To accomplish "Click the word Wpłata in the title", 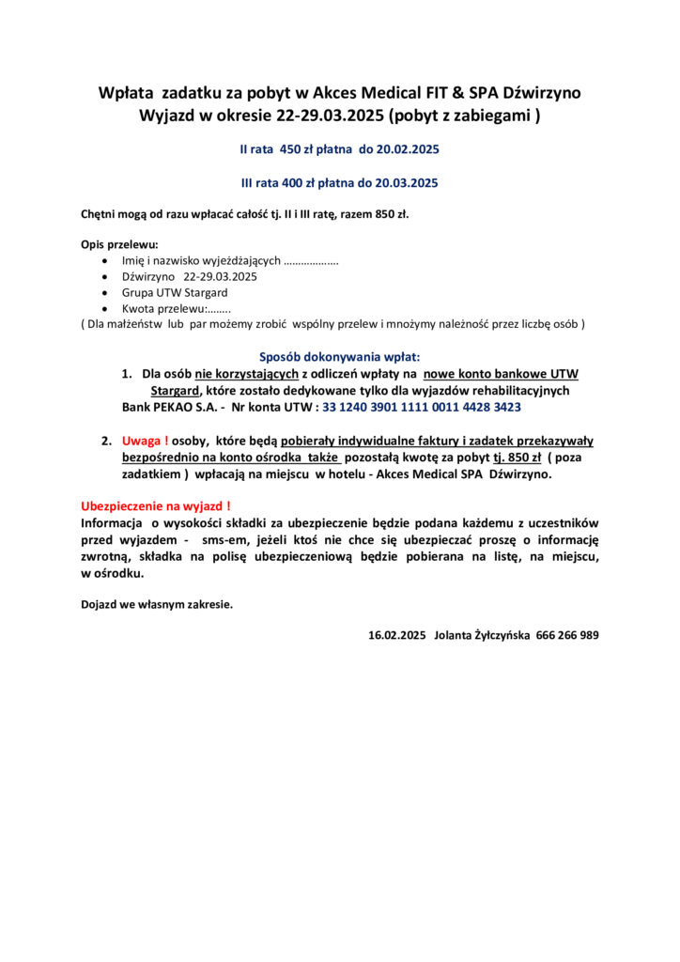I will (x=127, y=92).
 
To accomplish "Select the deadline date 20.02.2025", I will (x=407, y=149).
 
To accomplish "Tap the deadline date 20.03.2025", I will (x=405, y=182).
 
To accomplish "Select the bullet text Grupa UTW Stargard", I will (x=175, y=292).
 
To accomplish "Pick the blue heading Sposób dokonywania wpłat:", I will (x=340, y=357).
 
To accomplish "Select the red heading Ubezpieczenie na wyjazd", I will (x=156, y=506).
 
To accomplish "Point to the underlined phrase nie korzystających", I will (x=247, y=374).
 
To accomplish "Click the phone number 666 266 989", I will (x=567, y=635).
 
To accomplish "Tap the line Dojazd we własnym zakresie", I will (x=157, y=604).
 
